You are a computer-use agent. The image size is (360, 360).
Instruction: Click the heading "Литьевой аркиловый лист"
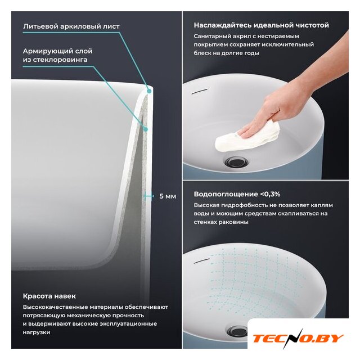pos(71,26)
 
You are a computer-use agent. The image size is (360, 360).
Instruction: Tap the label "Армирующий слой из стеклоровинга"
pos(57,55)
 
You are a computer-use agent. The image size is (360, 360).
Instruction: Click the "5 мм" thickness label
pos(168,196)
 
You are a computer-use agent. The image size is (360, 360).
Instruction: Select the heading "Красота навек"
pos(49,296)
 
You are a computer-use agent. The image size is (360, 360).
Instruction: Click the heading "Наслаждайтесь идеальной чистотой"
pos(261,25)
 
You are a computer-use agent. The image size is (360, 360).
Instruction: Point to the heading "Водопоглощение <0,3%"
pos(237,194)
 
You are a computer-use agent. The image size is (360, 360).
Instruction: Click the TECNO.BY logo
pos(298,339)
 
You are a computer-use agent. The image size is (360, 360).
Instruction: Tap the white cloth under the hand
pos(248,138)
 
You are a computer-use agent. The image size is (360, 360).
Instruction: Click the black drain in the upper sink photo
pos(236,161)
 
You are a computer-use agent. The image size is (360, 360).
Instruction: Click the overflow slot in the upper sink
pos(200,91)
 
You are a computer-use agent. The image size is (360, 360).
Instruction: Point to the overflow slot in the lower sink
pos(201,260)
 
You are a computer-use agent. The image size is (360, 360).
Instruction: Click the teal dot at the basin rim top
pos(149,91)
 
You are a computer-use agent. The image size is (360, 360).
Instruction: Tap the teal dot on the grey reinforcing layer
pos(145,129)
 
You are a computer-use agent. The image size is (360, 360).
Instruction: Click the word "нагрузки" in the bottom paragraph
pos(37,332)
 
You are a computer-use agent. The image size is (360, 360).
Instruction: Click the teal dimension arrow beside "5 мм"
pos(148,196)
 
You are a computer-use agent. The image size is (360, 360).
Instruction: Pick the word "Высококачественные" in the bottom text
pos(55,307)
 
